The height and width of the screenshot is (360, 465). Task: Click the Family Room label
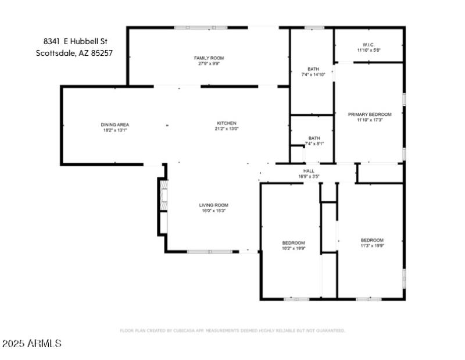[x=209, y=58]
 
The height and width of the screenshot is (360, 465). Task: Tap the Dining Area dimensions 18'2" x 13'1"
[x=115, y=130]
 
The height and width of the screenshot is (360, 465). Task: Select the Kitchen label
[x=226, y=123]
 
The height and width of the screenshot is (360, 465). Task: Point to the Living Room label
[x=213, y=205]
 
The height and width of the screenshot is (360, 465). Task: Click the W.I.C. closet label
[x=369, y=45]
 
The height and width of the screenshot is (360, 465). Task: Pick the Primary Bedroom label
[x=370, y=115]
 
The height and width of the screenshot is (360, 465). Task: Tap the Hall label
[x=309, y=170]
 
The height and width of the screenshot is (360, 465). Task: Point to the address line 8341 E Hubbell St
[x=76, y=41]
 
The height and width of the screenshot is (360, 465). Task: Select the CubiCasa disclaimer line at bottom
[x=233, y=330]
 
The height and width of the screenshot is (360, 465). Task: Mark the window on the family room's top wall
[x=192, y=27]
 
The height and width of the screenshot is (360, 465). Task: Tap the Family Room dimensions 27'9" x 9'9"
[x=209, y=64]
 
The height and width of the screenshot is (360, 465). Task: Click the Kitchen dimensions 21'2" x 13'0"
[x=226, y=129]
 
